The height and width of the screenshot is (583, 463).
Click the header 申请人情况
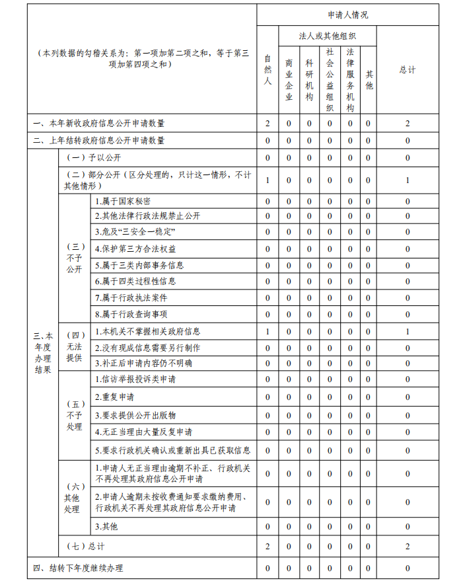click(347, 15)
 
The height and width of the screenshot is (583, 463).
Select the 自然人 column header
click(267, 70)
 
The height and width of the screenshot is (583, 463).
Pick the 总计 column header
click(408, 70)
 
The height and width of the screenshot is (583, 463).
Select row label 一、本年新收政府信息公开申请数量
click(99, 124)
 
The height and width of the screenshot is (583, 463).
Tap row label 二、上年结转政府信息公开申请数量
click(99, 141)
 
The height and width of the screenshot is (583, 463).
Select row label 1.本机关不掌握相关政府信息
click(147, 331)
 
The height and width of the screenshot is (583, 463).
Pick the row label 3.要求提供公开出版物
click(135, 415)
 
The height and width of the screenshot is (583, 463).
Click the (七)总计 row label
click(85, 547)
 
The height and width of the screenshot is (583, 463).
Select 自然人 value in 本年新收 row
click(267, 124)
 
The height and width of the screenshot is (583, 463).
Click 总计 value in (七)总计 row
click(408, 547)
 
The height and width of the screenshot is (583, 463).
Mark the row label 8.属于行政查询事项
click(131, 315)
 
